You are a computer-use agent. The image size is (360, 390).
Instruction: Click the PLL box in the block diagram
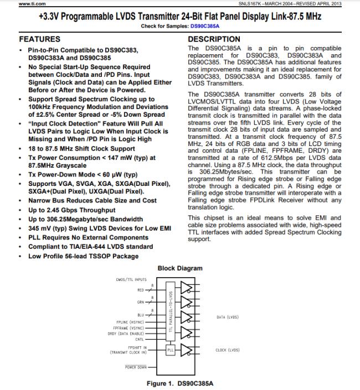coord(171,350)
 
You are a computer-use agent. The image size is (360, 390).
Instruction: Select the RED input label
coord(140,289)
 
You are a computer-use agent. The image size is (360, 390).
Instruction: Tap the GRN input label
coord(140,302)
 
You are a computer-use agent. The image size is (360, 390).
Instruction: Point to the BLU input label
coord(140,315)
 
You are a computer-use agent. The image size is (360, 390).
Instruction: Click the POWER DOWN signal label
coord(136,367)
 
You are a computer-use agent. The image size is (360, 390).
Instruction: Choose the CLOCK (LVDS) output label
coord(227,350)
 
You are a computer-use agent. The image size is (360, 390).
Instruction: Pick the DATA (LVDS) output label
coord(227,317)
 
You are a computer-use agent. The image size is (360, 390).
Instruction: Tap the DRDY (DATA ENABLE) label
coord(126,334)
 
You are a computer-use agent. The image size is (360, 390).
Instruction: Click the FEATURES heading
coord(40,40)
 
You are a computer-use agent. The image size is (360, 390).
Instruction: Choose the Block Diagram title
coord(180,268)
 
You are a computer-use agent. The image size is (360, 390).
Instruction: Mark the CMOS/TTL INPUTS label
coord(131,280)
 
